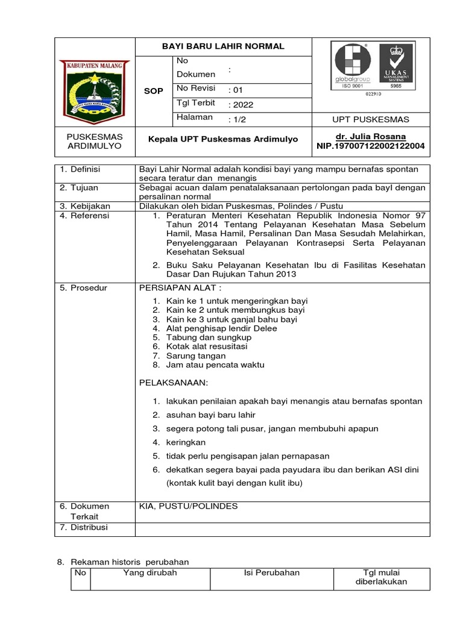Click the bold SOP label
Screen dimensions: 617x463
point(154,90)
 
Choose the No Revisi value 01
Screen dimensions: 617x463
point(236,90)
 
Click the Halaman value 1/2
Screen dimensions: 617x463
point(238,119)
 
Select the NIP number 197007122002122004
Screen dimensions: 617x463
point(370,146)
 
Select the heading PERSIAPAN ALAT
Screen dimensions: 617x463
point(176,288)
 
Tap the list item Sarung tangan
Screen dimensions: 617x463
point(196,355)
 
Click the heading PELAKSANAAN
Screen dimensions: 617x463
point(174,383)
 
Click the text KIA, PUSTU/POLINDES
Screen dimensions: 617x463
point(189,506)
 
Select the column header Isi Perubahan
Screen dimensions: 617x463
point(271,572)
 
